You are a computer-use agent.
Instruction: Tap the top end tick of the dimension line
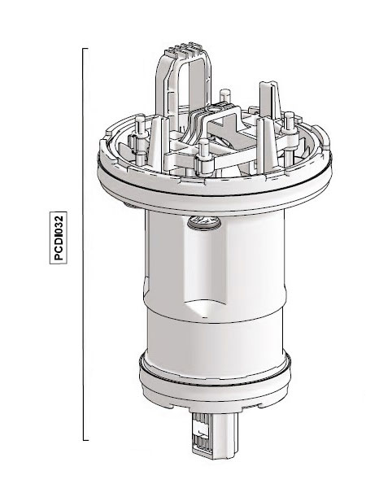click(x=86, y=49)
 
